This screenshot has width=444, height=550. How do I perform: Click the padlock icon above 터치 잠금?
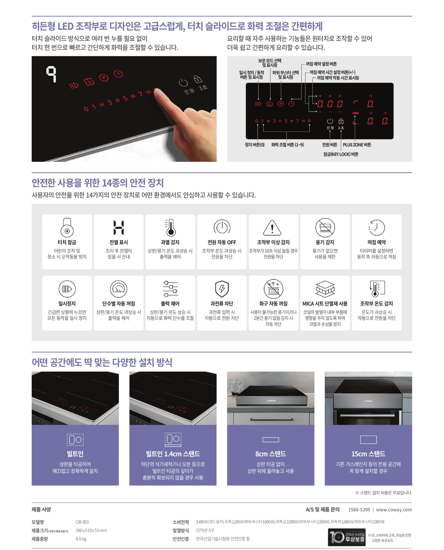(x=67, y=227)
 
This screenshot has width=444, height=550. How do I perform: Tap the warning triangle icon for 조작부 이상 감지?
(x=272, y=228)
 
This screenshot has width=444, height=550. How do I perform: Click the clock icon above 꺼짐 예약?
(x=377, y=227)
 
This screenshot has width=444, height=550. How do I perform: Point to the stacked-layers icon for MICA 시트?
(x=325, y=289)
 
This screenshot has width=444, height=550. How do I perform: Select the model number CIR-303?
(x=82, y=522)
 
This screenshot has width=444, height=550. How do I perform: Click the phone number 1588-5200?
(x=359, y=510)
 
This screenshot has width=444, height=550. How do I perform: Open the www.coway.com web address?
(x=394, y=510)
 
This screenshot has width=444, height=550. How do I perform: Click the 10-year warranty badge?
(x=347, y=537)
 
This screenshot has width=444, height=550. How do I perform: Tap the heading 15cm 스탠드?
(x=368, y=454)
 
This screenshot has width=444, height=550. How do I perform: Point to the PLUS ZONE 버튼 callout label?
(x=357, y=145)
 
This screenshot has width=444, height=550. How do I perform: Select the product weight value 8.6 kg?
(x=81, y=539)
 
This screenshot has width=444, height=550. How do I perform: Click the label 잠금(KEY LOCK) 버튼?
(x=341, y=154)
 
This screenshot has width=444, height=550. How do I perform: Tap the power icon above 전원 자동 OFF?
(x=222, y=227)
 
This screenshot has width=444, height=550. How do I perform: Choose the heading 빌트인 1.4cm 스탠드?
(x=173, y=454)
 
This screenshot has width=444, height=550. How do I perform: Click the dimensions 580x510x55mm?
(x=91, y=530)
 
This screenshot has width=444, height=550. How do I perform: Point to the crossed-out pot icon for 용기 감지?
(x=325, y=227)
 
